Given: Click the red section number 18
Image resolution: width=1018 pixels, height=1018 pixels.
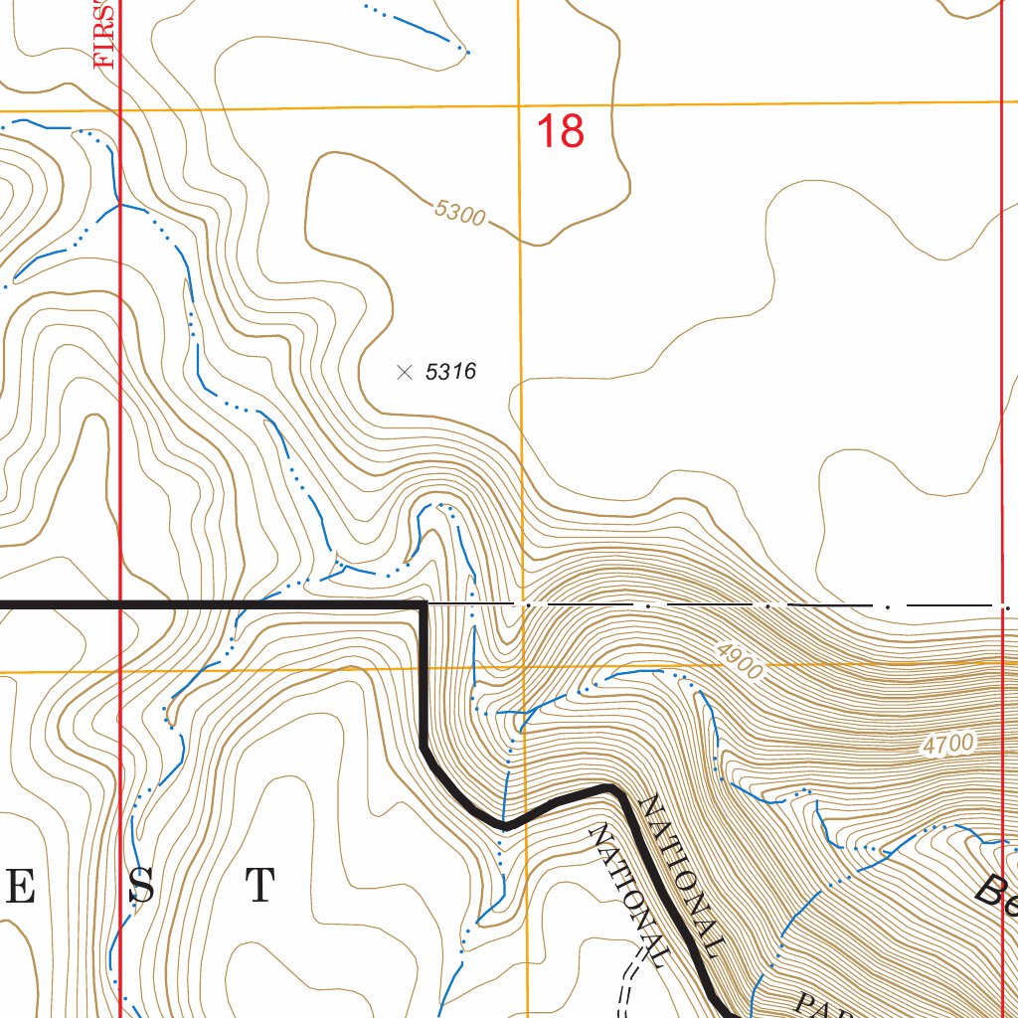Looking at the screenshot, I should [x=560, y=131].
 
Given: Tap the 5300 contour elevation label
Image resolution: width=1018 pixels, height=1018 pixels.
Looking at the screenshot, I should [x=459, y=212].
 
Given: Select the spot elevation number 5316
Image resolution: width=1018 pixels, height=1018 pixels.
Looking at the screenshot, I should [x=451, y=372].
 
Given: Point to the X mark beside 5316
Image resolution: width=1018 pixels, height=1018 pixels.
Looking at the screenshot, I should [x=404, y=372].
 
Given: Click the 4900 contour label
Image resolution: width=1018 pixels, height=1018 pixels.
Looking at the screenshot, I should [x=739, y=660].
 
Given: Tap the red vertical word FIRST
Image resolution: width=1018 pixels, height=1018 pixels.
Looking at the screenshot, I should [x=105, y=34].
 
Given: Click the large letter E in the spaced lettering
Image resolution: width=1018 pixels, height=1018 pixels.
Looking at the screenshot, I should [x=19, y=887].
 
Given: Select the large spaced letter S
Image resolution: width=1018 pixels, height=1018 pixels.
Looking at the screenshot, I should [x=140, y=887].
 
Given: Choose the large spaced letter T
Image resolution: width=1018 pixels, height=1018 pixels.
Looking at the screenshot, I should [x=260, y=886].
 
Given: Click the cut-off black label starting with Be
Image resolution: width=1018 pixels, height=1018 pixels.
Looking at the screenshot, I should [x=996, y=891].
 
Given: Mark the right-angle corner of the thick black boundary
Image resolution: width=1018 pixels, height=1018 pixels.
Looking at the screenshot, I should [x=424, y=603].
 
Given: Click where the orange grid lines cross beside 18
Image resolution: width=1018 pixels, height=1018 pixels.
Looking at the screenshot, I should [x=519, y=104].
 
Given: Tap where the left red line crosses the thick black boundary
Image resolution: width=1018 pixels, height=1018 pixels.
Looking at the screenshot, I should [x=119, y=603].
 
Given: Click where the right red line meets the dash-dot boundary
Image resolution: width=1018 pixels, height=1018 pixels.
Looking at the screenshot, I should [x=1002, y=604].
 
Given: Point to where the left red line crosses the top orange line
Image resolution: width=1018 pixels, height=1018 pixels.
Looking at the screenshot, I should [x=119, y=108].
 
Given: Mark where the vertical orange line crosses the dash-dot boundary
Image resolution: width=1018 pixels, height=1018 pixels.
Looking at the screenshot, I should [x=523, y=604].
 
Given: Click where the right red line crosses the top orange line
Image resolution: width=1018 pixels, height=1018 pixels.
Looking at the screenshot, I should [x=1001, y=101].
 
